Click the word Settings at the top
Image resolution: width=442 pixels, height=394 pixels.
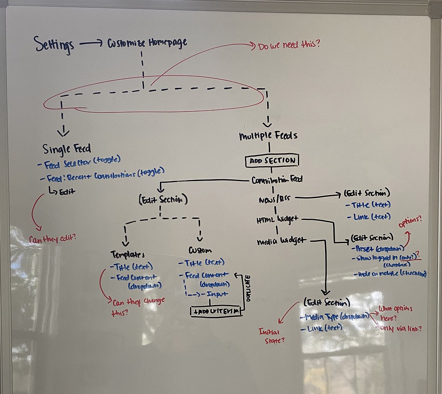click(54, 45)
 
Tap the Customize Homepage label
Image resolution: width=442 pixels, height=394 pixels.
click(147, 43)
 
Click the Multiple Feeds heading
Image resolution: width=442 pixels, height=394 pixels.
click(268, 136)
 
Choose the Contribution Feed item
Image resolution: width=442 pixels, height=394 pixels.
click(277, 180)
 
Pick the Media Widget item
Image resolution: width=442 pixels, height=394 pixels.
click(282, 241)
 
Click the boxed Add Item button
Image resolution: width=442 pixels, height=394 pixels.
click(217, 311)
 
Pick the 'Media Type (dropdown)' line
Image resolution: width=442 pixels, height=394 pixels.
click(335, 316)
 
